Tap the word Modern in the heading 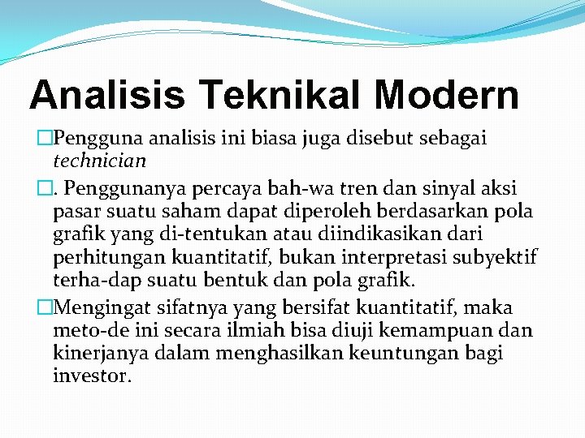click(x=447, y=95)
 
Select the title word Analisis click(x=107, y=95)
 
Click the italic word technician click(x=99, y=160)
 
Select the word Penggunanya click(x=123, y=189)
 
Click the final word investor click(x=91, y=376)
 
